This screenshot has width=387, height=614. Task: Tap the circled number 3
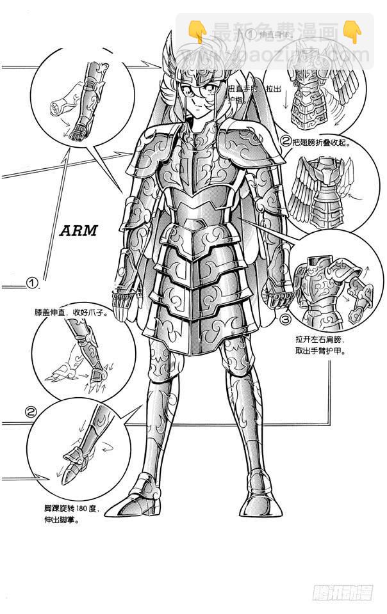(285, 318)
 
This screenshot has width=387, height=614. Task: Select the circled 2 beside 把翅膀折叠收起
(286, 141)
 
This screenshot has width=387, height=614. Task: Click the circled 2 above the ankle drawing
(30, 412)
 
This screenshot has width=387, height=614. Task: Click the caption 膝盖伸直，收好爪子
(71, 314)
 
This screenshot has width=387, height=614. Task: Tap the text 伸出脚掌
(58, 521)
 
